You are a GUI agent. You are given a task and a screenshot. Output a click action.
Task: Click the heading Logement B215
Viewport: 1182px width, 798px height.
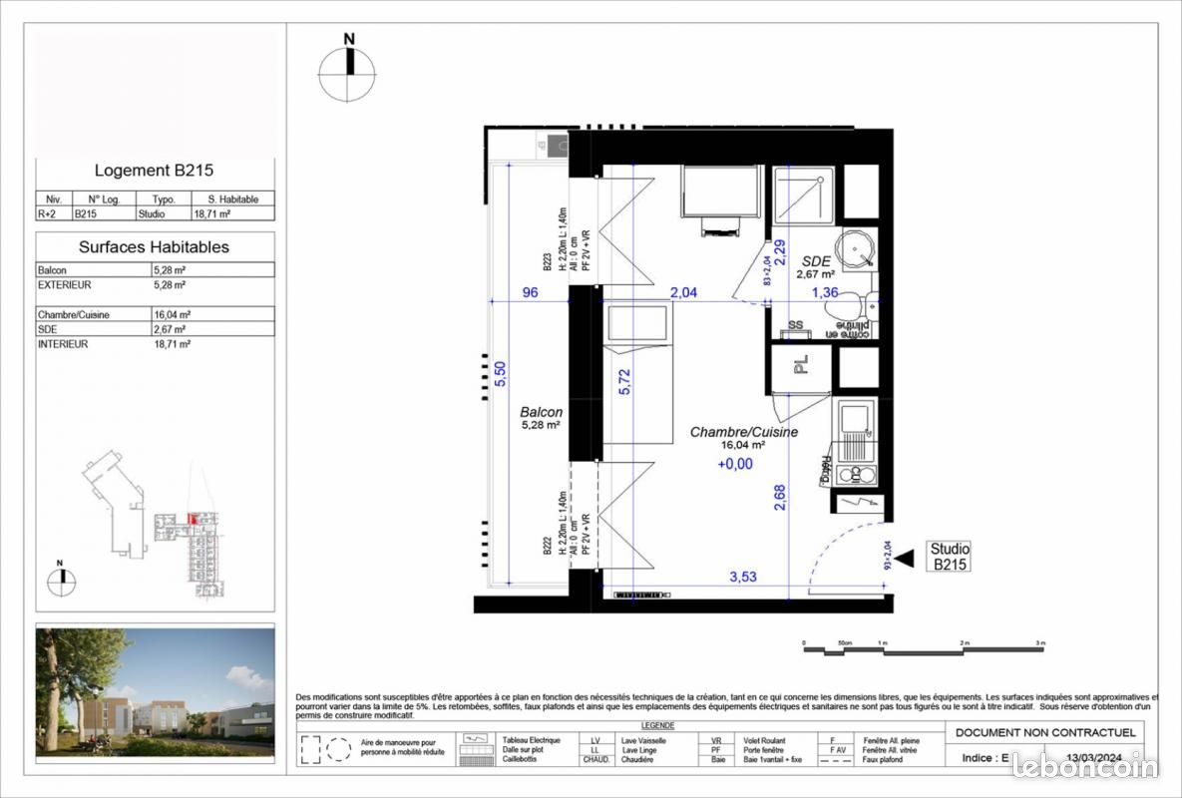[154, 171]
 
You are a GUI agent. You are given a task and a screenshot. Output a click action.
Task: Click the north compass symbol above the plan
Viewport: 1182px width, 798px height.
[348, 69]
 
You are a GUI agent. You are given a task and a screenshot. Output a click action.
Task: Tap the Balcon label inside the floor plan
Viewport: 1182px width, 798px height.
[541, 412]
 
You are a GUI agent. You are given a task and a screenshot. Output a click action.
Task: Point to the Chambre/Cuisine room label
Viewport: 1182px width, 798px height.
[743, 433]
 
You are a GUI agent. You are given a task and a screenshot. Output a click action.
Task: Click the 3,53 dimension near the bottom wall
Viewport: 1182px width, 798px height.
[744, 577]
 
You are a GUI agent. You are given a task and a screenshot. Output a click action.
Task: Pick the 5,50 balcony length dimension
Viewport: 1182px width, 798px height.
[502, 372]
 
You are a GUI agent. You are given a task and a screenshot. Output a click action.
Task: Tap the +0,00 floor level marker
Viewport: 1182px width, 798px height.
[735, 464]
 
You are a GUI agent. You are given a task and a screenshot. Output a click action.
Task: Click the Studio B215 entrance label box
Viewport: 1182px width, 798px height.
[949, 557]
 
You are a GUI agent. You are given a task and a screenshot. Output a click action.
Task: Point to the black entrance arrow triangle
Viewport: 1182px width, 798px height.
[904, 561]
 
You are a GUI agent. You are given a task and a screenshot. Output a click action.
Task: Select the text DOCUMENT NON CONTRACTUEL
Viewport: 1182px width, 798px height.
[1044, 733]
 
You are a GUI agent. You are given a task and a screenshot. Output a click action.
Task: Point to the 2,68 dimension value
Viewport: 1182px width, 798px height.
[780, 497]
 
